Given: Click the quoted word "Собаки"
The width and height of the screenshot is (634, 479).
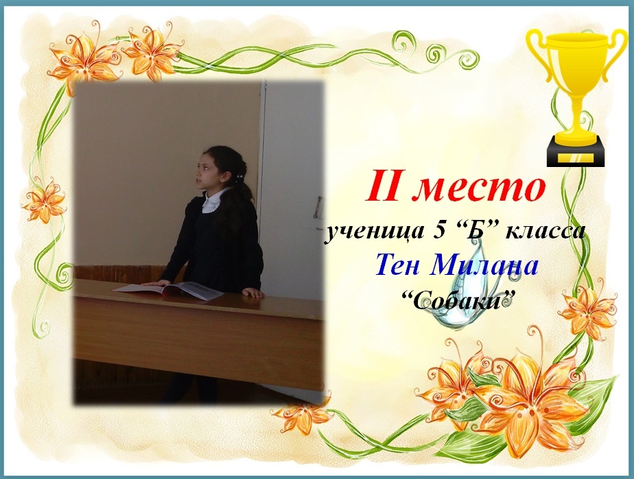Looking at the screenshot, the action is click(454, 301).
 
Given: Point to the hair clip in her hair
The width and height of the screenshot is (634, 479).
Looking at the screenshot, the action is click(239, 177).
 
